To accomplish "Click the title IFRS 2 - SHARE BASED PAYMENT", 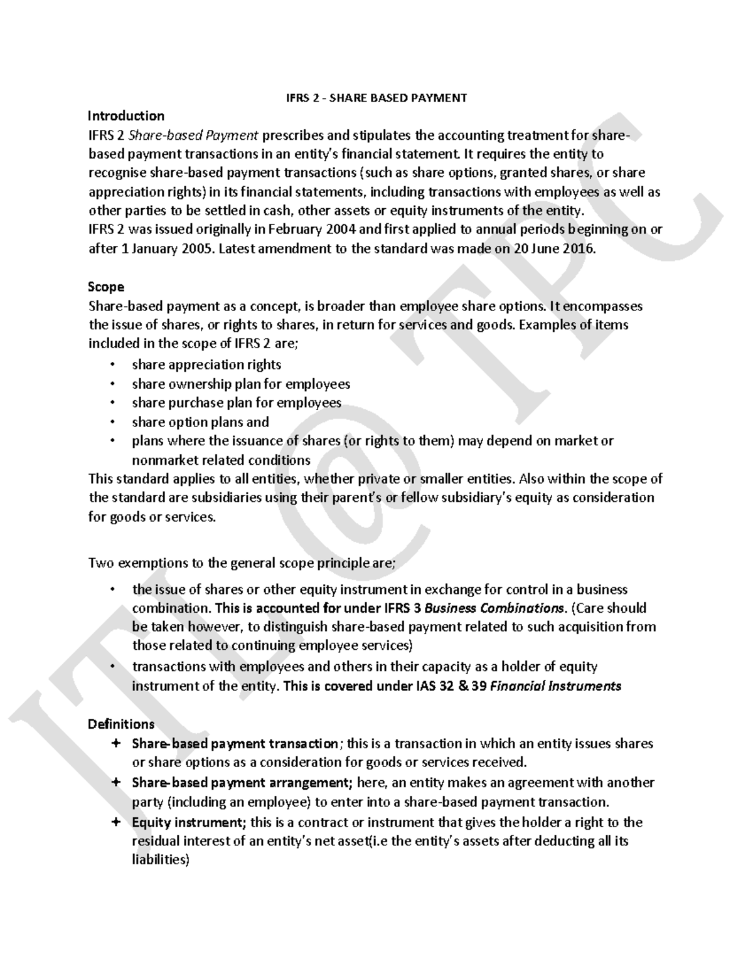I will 373,98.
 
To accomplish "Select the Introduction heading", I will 125,116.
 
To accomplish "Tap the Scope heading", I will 106,287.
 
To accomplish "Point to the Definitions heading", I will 121,724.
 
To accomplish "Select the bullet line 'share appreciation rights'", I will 206,365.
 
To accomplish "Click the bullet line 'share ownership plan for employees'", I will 241,384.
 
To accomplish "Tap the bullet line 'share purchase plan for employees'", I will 237,403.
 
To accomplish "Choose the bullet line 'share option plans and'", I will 200,422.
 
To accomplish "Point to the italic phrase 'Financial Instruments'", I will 555,686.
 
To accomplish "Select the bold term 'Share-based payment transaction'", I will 235,744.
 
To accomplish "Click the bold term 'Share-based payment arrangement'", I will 240,783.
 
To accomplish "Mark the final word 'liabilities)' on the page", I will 160,860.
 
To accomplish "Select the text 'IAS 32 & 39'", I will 451,686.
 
